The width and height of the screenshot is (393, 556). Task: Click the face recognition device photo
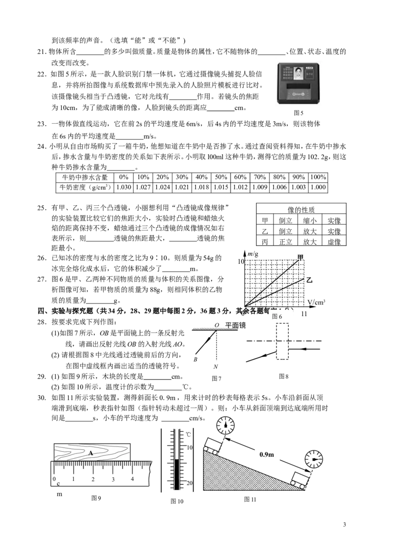coord(299,83)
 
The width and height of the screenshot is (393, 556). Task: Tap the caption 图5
coord(298,113)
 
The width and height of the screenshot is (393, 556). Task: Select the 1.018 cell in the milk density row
coord(201,187)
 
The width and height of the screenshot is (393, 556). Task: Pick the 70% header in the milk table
coord(260,177)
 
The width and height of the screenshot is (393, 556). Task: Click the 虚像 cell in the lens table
coord(334,242)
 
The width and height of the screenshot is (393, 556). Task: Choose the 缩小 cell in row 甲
coord(309,221)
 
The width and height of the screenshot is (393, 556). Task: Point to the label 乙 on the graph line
coord(309,280)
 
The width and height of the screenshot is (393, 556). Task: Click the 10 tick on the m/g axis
coord(241,261)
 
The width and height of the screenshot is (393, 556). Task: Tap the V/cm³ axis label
coord(316,302)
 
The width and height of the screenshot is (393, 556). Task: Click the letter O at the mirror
coord(217,325)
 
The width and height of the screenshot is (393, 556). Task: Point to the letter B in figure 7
coord(196,359)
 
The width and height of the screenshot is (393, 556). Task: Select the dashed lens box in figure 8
coord(282,341)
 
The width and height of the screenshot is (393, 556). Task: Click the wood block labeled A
coord(92,452)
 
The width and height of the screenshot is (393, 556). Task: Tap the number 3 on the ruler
coord(113,479)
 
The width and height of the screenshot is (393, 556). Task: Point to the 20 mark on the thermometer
coord(190,483)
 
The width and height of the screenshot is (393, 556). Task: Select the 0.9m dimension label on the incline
coord(266,454)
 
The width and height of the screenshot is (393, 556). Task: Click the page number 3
coord(344,525)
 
